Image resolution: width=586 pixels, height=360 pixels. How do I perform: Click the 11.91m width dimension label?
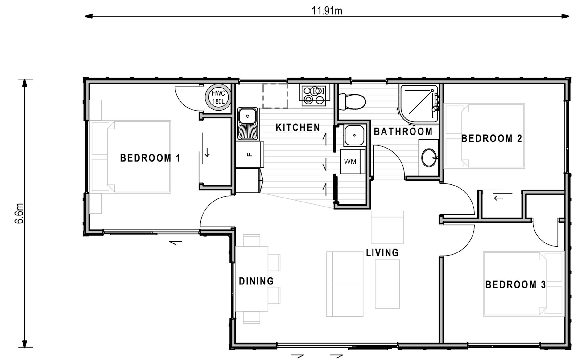327,11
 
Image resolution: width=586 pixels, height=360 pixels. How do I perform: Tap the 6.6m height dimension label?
19,213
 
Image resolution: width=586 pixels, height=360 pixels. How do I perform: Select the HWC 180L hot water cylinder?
218,97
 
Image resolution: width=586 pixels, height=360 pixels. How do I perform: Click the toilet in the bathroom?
352,102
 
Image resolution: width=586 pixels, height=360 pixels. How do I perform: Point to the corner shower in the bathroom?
419,103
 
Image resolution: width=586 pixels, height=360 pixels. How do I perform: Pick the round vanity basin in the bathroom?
429,158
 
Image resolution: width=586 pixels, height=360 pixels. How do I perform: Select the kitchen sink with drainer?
247,123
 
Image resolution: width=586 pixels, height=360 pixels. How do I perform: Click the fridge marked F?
250,154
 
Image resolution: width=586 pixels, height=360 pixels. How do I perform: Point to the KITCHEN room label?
298,127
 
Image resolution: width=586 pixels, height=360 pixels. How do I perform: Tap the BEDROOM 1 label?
150,158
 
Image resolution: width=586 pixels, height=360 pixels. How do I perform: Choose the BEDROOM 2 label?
492,138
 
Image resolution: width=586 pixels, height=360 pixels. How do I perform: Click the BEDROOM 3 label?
516,284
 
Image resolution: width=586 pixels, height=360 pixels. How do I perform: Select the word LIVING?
382,253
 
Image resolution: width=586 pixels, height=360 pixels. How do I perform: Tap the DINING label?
256,281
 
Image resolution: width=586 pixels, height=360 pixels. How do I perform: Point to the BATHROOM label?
403,132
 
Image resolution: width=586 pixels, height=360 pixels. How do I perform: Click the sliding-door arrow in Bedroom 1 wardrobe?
207,152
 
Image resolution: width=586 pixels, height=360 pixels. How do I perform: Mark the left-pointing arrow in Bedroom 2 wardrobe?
498,198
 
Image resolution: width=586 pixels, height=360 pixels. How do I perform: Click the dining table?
252,279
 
